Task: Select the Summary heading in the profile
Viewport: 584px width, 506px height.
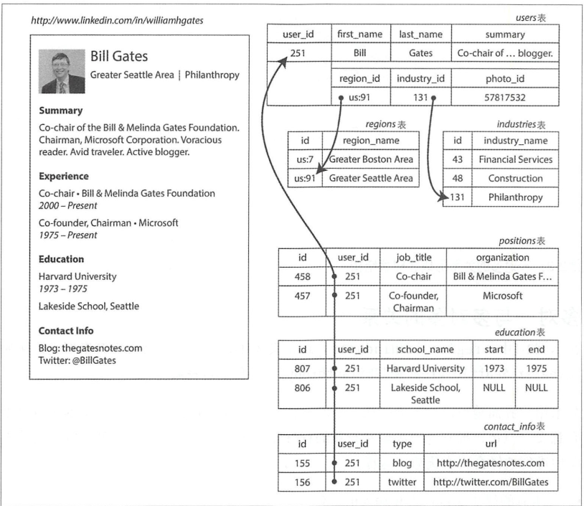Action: point(60,111)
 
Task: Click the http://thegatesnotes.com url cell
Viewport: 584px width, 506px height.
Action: point(491,463)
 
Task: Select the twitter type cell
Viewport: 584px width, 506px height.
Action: point(400,482)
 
